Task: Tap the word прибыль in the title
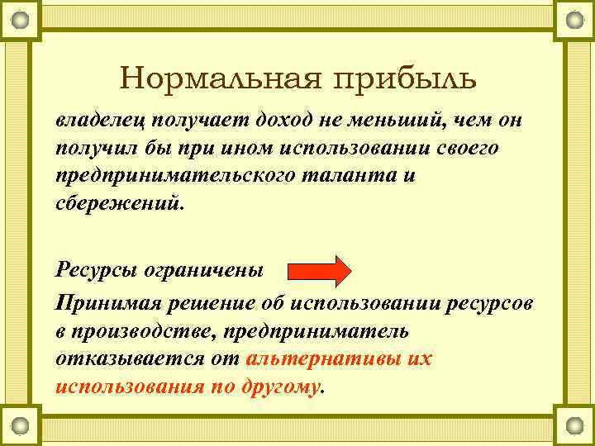click(404, 79)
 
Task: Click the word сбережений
click(116, 203)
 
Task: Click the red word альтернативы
click(326, 359)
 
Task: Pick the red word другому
click(277, 387)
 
